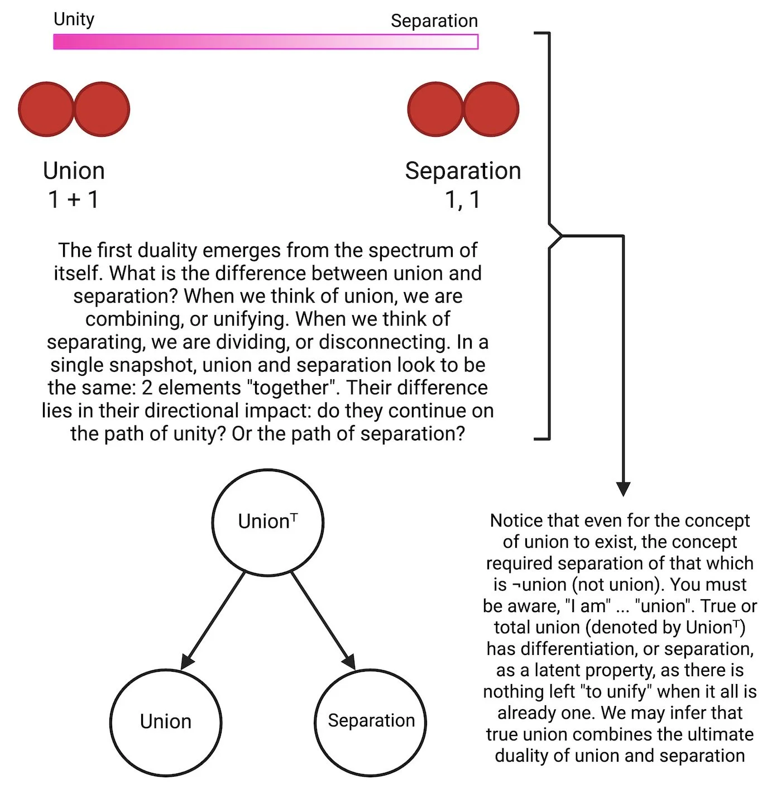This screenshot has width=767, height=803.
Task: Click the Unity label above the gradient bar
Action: click(74, 20)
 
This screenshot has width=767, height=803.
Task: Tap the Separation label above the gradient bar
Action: click(434, 21)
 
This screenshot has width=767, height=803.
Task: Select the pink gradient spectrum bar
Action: click(266, 42)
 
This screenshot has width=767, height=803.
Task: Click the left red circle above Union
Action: click(46, 109)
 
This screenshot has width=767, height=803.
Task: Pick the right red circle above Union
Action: click(102, 109)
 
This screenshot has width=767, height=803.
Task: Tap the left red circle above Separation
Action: click(435, 109)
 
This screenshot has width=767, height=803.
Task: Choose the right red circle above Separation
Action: click(491, 109)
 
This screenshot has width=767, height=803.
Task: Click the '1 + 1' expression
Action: click(74, 199)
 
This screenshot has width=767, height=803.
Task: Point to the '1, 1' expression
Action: click(463, 200)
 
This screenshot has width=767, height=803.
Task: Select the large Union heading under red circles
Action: click(74, 170)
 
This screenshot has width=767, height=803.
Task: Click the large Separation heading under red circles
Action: click(463, 171)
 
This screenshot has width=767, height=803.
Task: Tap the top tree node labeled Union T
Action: click(268, 522)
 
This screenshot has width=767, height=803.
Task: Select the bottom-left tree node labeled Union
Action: click(166, 722)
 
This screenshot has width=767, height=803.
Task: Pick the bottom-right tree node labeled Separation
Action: click(371, 722)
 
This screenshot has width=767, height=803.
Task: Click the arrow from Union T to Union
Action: click(213, 620)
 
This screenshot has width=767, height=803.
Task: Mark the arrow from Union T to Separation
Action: click(323, 620)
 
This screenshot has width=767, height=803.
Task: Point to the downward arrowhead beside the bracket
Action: click(623, 489)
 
